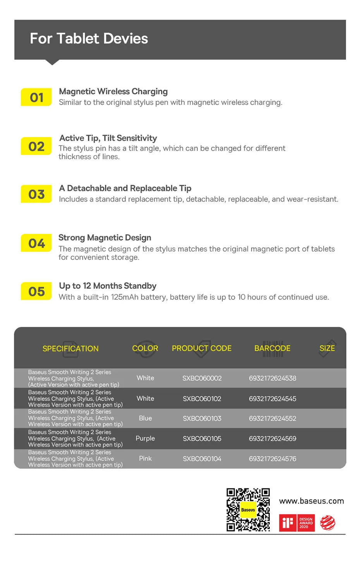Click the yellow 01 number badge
coord(36,97)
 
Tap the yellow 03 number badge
coord(36,194)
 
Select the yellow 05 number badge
coord(36,291)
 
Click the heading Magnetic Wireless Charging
coord(113,91)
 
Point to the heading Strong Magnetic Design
coord(105,237)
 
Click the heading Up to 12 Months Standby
coord(108,286)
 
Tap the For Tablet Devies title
coord(89,39)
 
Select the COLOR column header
coord(145,348)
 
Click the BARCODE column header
coord(272,348)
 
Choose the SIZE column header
coord(327,348)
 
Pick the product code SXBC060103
coord(202,418)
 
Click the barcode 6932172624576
coord(273,459)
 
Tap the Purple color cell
coord(145,438)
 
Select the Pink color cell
coord(145,459)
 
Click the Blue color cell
coord(145,418)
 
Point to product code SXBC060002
coord(202,378)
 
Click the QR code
coord(248,510)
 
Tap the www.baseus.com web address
coord(311,501)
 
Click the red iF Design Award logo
coord(297,523)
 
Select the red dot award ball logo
coord(328,523)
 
